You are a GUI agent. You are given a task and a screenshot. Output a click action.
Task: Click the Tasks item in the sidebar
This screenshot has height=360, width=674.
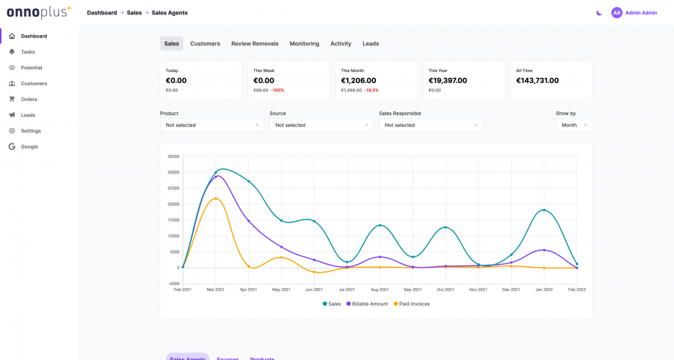27,52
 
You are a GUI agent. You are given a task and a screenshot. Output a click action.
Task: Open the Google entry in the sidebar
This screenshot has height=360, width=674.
29,147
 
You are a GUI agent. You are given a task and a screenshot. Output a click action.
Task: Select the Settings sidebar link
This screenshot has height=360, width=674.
30,131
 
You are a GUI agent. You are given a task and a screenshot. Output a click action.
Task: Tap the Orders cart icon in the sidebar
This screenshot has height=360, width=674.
12,99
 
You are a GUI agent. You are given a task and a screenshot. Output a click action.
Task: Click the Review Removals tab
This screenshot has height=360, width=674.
254,44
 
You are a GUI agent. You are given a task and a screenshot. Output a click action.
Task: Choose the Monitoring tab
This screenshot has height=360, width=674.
304,44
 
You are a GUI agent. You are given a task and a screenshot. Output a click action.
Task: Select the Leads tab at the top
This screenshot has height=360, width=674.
370,44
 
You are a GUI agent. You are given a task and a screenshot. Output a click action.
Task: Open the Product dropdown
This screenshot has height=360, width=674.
212,125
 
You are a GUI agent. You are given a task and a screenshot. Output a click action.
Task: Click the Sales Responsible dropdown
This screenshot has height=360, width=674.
431,125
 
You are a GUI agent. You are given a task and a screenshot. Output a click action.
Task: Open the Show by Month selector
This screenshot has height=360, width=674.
574,125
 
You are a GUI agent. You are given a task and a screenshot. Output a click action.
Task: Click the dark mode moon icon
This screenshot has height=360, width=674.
599,13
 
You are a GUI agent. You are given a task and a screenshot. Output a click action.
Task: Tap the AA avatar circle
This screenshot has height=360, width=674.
616,13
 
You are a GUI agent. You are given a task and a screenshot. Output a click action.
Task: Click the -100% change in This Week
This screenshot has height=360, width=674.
277,91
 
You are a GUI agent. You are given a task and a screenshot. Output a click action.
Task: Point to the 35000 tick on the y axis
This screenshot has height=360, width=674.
173,156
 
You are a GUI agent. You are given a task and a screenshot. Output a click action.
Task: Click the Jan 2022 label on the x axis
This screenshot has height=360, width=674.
544,289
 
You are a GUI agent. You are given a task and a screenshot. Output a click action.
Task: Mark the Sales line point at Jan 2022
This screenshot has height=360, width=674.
544,210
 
